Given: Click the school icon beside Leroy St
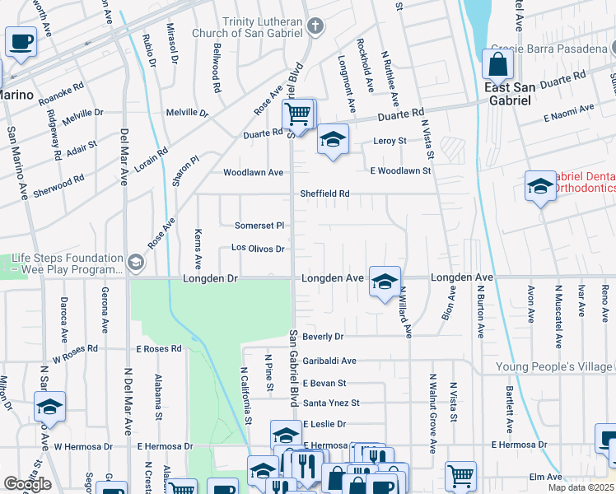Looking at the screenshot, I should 332,137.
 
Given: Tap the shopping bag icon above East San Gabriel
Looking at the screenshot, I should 497,63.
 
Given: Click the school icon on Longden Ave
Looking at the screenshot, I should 384,281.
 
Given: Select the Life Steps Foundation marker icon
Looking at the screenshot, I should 135,263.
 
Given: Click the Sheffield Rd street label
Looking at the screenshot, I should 324,194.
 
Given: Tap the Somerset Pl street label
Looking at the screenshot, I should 259,225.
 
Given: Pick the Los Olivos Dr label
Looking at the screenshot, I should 258,248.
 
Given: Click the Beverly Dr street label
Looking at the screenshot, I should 322,337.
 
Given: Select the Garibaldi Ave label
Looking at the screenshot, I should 329,361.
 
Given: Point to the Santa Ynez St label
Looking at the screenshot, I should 331,403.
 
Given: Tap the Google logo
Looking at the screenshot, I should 27,484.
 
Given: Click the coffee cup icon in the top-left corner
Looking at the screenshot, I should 21,40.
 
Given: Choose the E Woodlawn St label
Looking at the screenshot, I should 400,171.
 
